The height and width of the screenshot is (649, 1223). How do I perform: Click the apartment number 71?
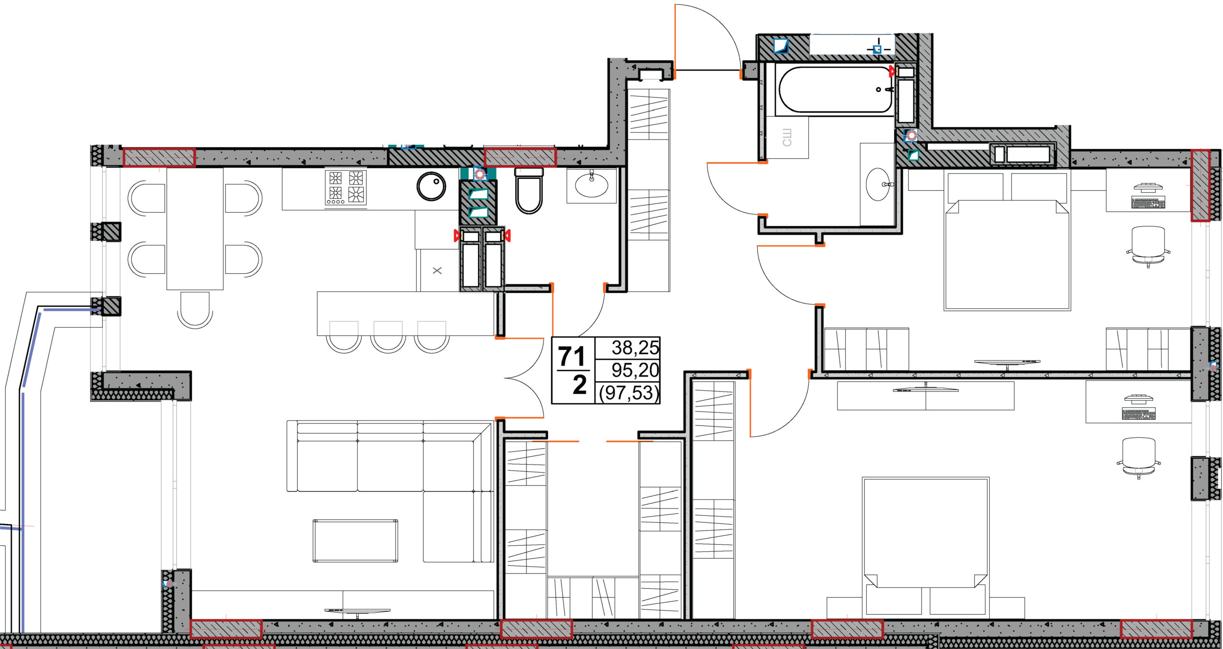pos(572,357)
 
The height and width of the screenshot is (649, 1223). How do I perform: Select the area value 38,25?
pos(635,348)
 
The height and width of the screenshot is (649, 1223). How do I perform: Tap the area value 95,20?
pos(635,370)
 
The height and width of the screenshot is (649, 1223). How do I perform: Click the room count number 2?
pos(579,385)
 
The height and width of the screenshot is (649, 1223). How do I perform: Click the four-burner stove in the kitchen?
pos(345,187)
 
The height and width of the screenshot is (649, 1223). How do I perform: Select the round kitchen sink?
pos(431,186)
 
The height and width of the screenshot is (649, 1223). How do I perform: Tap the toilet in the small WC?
pos(529,190)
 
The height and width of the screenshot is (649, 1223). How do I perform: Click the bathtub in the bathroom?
pos(835,89)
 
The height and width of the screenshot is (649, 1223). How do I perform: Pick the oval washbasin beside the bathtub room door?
pos(878,184)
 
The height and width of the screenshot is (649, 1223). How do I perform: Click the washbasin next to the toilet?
pos(591,184)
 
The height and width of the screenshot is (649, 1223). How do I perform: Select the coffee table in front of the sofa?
pos(355,541)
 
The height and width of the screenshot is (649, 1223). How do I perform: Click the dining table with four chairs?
pos(195,228)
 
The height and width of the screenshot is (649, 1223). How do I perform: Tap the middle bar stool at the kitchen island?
pos(388,337)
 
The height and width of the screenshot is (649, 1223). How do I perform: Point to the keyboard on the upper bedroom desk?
pos(1148,203)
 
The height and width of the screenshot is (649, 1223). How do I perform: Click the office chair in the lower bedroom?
pos(1138,458)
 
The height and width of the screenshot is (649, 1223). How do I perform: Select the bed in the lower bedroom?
pos(925,546)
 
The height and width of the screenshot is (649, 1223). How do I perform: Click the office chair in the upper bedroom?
pos(1148,247)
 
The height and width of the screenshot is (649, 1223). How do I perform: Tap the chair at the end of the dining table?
pos(195,310)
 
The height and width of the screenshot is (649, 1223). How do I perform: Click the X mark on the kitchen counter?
pos(437,270)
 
